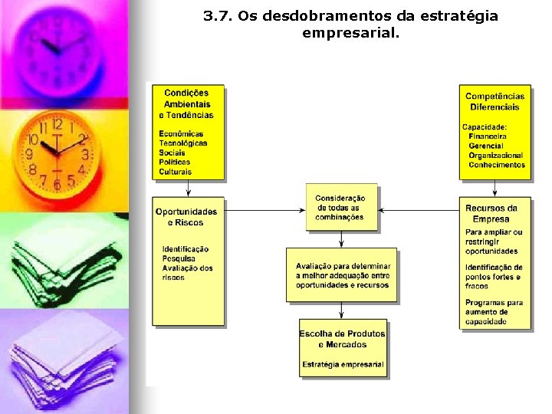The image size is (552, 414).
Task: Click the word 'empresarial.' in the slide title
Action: (x=351, y=33)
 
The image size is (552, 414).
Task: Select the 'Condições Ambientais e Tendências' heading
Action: (x=186, y=104)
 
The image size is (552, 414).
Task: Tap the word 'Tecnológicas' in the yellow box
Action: (x=183, y=143)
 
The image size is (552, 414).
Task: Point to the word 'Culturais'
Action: (x=176, y=172)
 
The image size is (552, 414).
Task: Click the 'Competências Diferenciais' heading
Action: (x=495, y=101)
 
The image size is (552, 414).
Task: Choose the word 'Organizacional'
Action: (x=496, y=156)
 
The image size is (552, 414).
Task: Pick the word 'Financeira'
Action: (x=488, y=136)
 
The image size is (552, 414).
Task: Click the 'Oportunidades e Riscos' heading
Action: (x=186, y=217)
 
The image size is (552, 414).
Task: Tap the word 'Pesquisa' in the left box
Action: (x=179, y=258)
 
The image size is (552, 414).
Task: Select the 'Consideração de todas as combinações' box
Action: (x=341, y=208)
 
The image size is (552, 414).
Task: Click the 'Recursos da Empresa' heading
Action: (x=491, y=213)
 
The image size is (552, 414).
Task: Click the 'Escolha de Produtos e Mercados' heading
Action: (x=343, y=339)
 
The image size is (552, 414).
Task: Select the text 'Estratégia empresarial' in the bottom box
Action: (x=343, y=364)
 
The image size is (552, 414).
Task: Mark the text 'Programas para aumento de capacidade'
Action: (x=494, y=312)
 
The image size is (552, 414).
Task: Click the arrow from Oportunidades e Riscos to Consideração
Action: (x=264, y=209)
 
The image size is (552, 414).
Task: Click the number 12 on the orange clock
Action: (x=58, y=125)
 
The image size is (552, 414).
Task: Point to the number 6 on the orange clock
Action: (x=56, y=185)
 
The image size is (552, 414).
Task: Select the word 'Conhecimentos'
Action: (x=497, y=165)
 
